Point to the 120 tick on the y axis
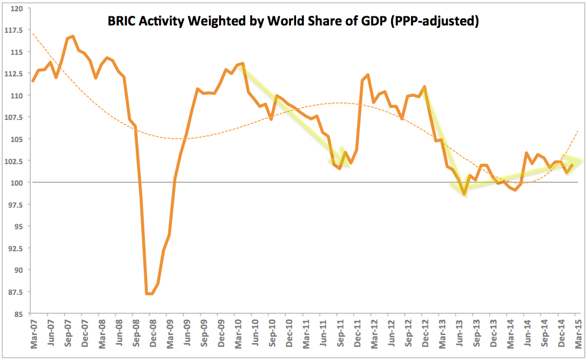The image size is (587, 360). click(18, 8)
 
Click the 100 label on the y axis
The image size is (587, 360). click(18, 182)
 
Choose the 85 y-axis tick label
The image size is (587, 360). click(20, 314)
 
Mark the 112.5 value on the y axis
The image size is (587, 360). click(15, 73)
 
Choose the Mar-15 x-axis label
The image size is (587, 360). click(576, 335)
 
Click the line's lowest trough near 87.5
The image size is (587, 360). click(149, 294)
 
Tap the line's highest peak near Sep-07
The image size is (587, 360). click(73, 36)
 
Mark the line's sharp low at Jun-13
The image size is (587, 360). click(464, 194)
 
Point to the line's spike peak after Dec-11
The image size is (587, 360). click(368, 75)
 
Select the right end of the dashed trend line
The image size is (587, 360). click(578, 131)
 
